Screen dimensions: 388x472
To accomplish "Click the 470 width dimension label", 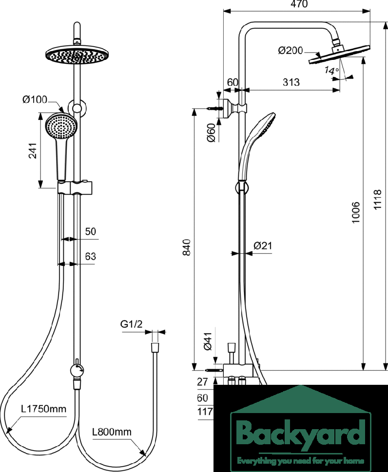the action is click(x=299, y=4).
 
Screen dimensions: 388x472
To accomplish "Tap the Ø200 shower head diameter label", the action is click(x=291, y=50).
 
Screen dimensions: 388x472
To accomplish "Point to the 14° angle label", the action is click(x=331, y=71).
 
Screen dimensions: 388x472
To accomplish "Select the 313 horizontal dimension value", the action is click(x=291, y=82).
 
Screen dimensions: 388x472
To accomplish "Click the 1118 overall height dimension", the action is click(x=377, y=200).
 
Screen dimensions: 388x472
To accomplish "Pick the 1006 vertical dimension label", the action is click(x=356, y=212).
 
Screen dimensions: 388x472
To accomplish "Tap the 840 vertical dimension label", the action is click(x=187, y=247).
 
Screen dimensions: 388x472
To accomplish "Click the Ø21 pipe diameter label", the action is click(x=263, y=245).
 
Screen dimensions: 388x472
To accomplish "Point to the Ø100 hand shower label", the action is click(x=35, y=99).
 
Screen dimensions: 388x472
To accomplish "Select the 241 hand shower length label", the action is click(x=33, y=151).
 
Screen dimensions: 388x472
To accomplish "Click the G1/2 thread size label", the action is click(x=131, y=324).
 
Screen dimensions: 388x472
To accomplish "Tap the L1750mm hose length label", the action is click(x=44, y=409).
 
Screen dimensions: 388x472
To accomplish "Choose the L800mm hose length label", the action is click(x=112, y=432).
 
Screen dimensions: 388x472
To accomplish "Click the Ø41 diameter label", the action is click(x=208, y=341).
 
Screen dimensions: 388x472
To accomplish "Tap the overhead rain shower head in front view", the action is click(x=77, y=55).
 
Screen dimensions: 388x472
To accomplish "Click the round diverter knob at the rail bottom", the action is click(x=77, y=370).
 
